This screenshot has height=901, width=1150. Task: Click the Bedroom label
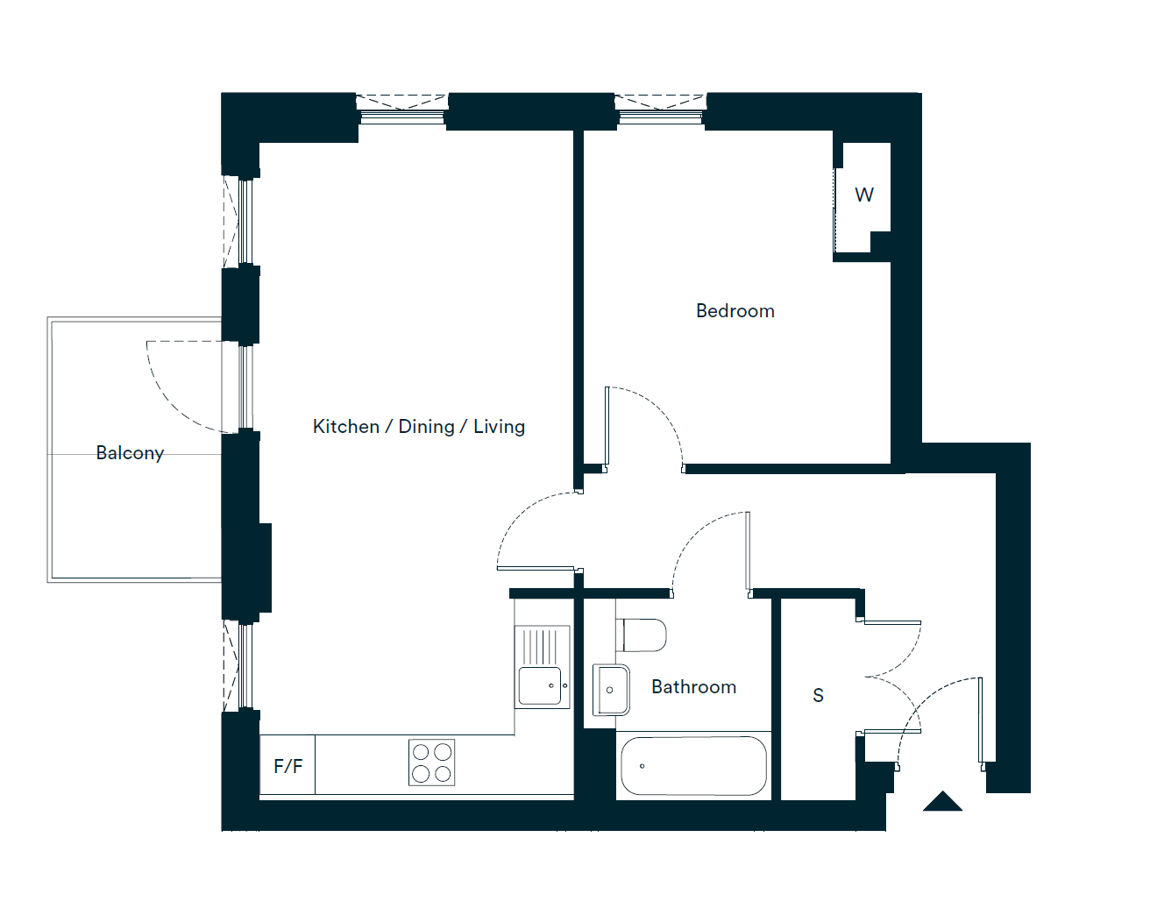tap(735, 311)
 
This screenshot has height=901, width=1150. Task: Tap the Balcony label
tap(131, 453)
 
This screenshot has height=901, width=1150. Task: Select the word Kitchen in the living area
tap(346, 427)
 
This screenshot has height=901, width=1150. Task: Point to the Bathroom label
tap(694, 687)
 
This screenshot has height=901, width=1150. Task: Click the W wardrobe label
tap(864, 195)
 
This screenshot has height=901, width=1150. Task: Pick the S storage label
tap(818, 695)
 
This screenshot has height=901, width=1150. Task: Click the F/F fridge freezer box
tap(287, 765)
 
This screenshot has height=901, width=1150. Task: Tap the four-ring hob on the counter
tap(432, 763)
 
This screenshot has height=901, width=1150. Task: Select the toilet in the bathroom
tap(641, 635)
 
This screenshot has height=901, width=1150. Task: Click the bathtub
tap(694, 765)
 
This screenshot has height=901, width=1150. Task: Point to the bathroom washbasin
tap(611, 690)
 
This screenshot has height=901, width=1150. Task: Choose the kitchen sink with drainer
tap(543, 667)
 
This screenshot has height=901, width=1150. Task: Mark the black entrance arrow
tap(942, 801)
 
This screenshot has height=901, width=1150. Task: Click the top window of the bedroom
tap(661, 110)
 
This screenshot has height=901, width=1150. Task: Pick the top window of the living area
tap(402, 110)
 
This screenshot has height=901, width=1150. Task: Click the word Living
tap(499, 428)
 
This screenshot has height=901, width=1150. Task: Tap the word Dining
tap(426, 428)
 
